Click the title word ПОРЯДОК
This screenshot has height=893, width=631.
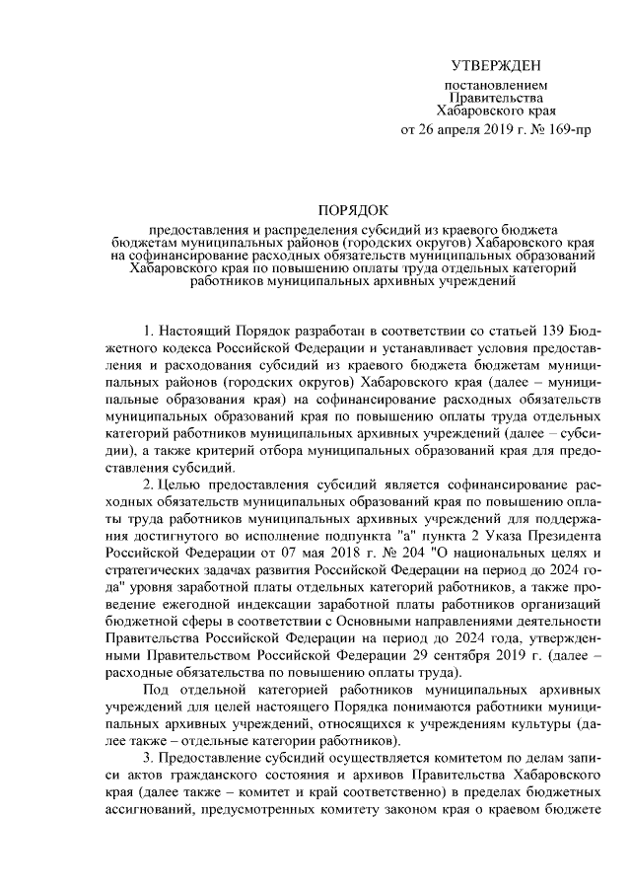(x=353, y=209)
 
